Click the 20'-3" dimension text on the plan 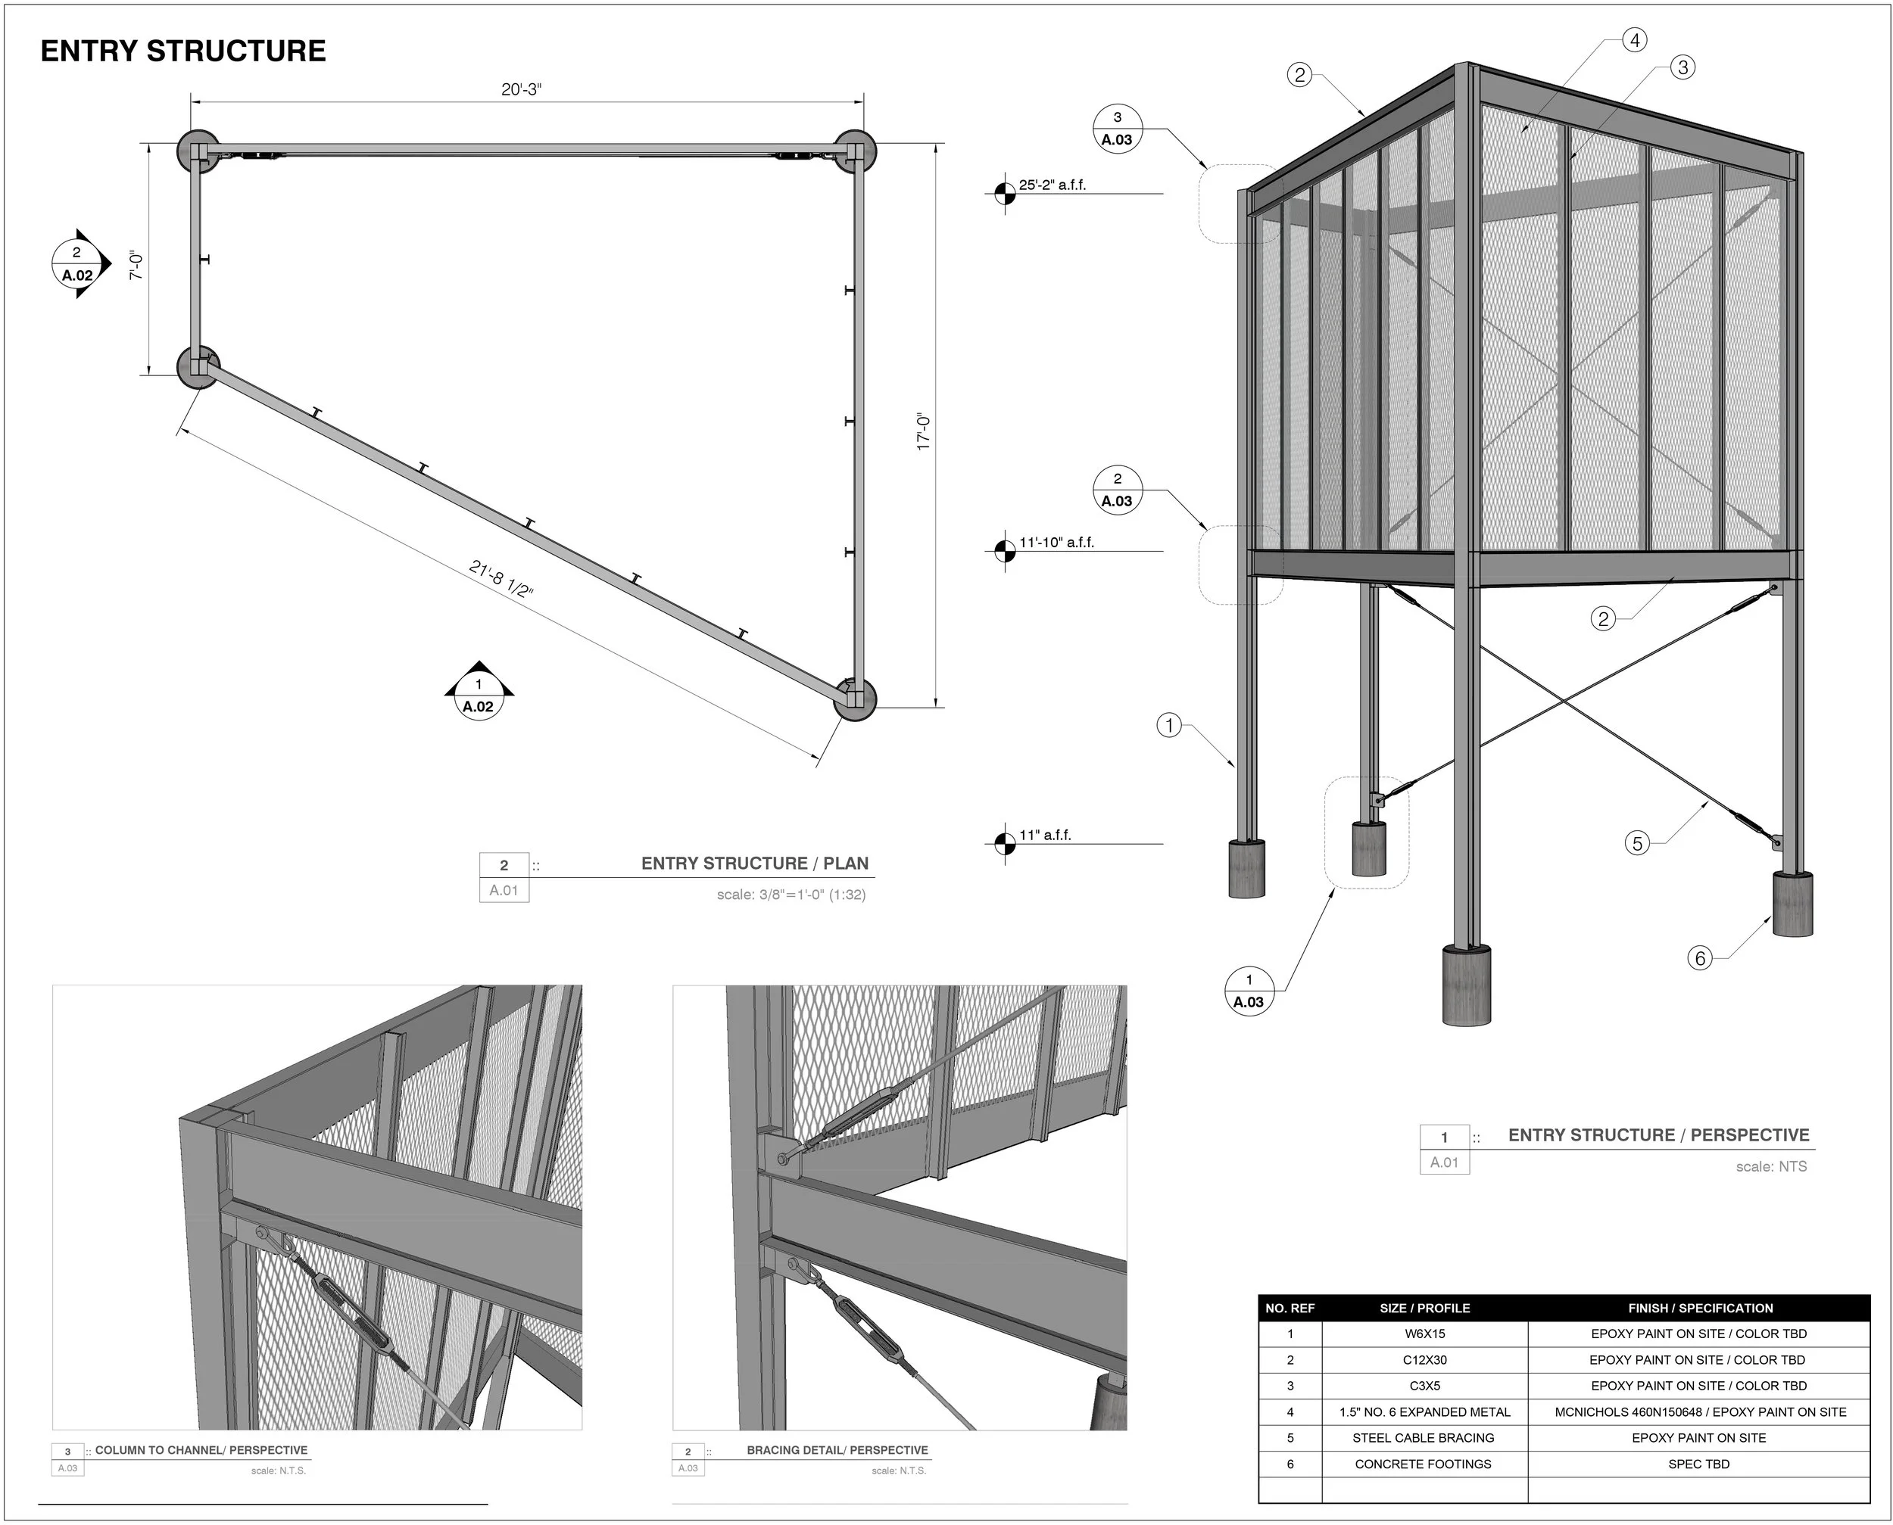[x=521, y=89]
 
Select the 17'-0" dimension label [x=923, y=431]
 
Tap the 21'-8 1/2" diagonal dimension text [x=501, y=579]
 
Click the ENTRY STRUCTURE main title [x=182, y=51]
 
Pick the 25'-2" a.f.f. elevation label [x=1052, y=185]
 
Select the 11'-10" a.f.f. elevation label [x=1056, y=543]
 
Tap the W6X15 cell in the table [x=1424, y=1334]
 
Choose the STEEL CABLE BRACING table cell [x=1423, y=1438]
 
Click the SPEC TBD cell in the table [x=1698, y=1464]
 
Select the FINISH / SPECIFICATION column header [x=1700, y=1308]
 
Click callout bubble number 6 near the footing [x=1700, y=957]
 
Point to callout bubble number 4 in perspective [x=1635, y=40]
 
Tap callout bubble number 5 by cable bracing [x=1637, y=843]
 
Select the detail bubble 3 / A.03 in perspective [x=1117, y=128]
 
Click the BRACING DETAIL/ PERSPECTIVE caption [x=837, y=1450]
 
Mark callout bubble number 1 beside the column [x=1169, y=726]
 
